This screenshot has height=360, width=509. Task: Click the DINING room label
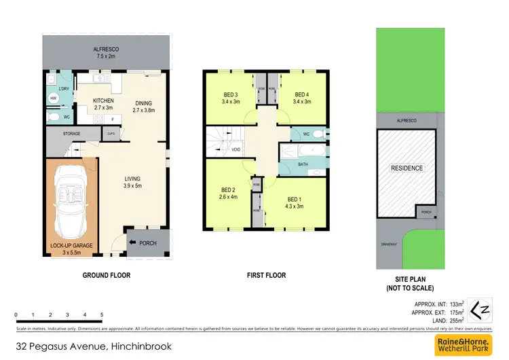click(x=144, y=104)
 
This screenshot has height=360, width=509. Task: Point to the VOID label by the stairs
click(x=236, y=149)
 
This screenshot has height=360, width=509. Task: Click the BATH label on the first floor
click(x=303, y=164)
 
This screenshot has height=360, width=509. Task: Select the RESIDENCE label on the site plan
click(x=406, y=168)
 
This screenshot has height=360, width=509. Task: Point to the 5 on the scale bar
click(x=102, y=315)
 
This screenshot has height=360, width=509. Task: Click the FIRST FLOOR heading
click(x=265, y=275)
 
